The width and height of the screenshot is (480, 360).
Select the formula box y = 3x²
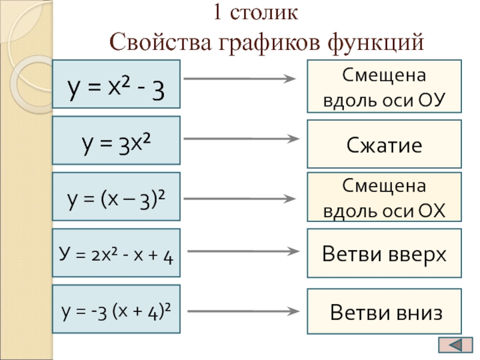coord(116,140)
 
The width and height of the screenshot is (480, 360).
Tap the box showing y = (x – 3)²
coord(116,196)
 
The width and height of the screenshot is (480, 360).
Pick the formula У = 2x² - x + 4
coord(116,253)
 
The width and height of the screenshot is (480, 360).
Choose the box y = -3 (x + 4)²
coord(116,310)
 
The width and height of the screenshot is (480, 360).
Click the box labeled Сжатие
coord(385,144)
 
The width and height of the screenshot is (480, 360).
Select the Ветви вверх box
coord(385,254)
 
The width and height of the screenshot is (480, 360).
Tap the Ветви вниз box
coord(385,311)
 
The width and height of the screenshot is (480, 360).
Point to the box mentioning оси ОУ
coord(385,86)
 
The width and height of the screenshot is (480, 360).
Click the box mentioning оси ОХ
coord(385,197)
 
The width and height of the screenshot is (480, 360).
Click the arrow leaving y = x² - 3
coord(240,79)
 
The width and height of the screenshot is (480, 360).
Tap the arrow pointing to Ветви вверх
coord(240,252)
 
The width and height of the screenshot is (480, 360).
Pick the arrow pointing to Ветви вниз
coord(240,311)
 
